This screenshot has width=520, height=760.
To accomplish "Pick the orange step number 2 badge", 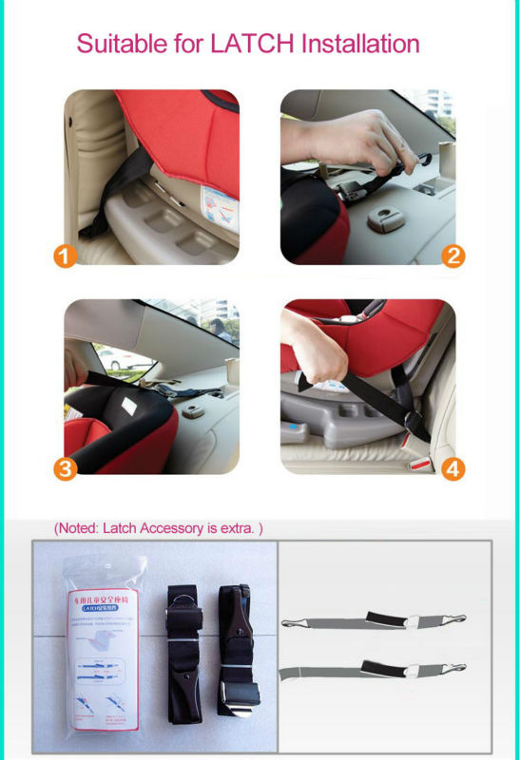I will (453, 256).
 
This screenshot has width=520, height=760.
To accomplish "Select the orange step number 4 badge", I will (453, 468).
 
